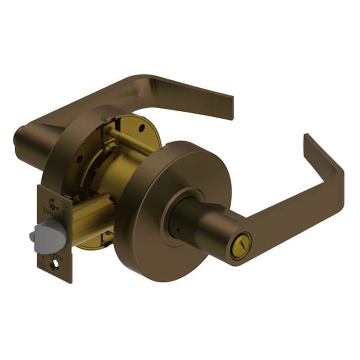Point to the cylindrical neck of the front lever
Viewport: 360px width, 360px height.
click(x=205, y=228)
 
